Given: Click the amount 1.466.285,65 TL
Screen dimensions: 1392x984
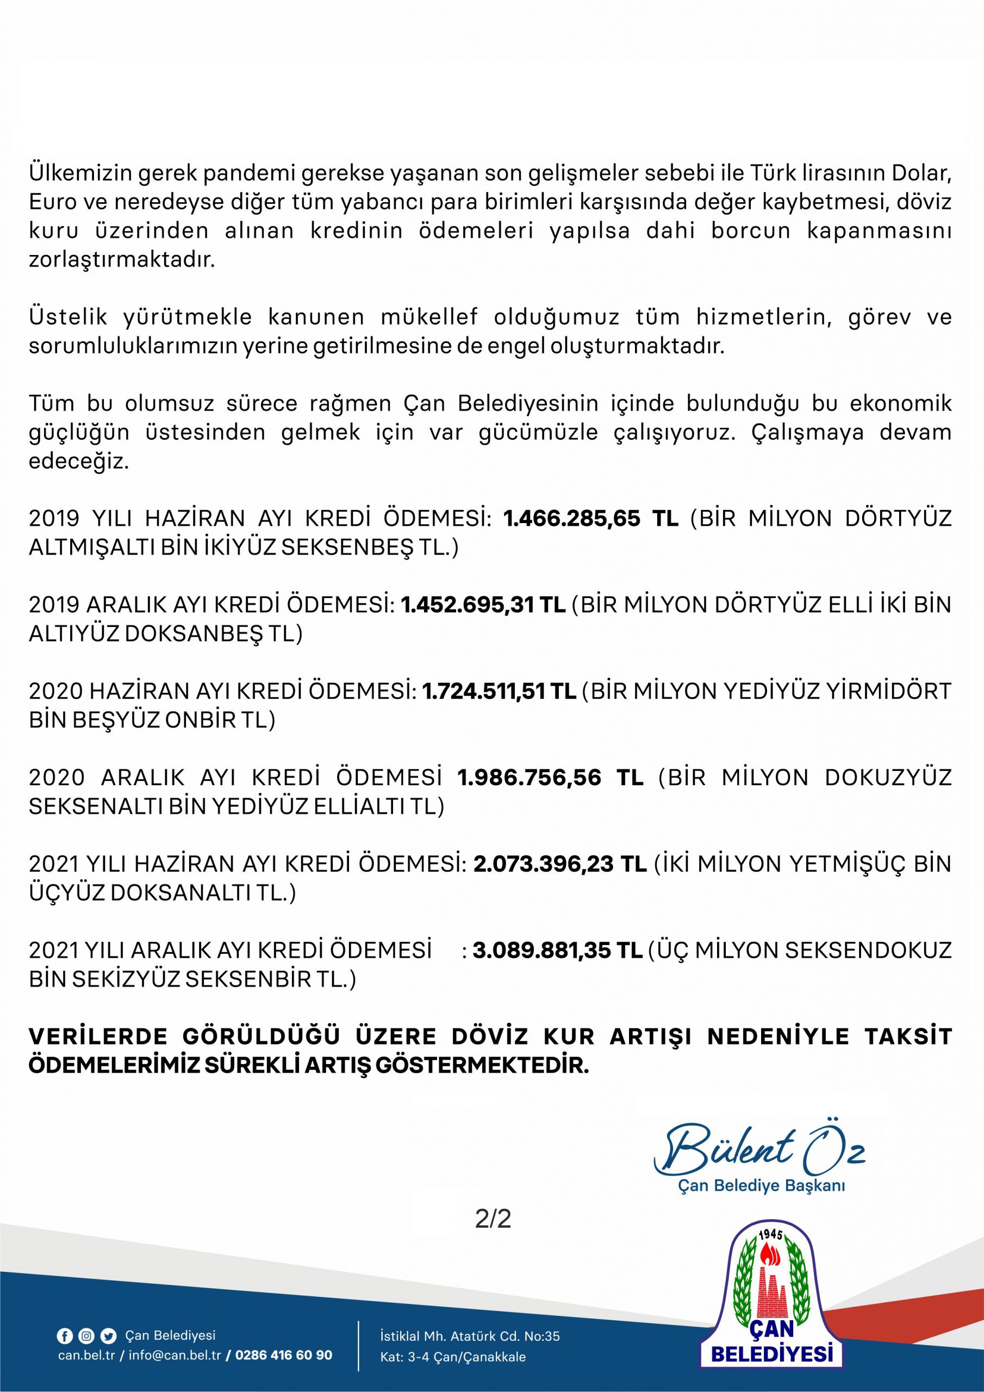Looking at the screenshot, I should pos(590,519).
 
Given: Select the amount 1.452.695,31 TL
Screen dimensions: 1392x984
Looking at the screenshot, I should pos(483,605).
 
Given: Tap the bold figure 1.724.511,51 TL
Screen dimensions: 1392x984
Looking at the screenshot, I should pos(499,691).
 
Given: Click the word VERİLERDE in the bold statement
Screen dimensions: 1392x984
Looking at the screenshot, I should pos(97,1037).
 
